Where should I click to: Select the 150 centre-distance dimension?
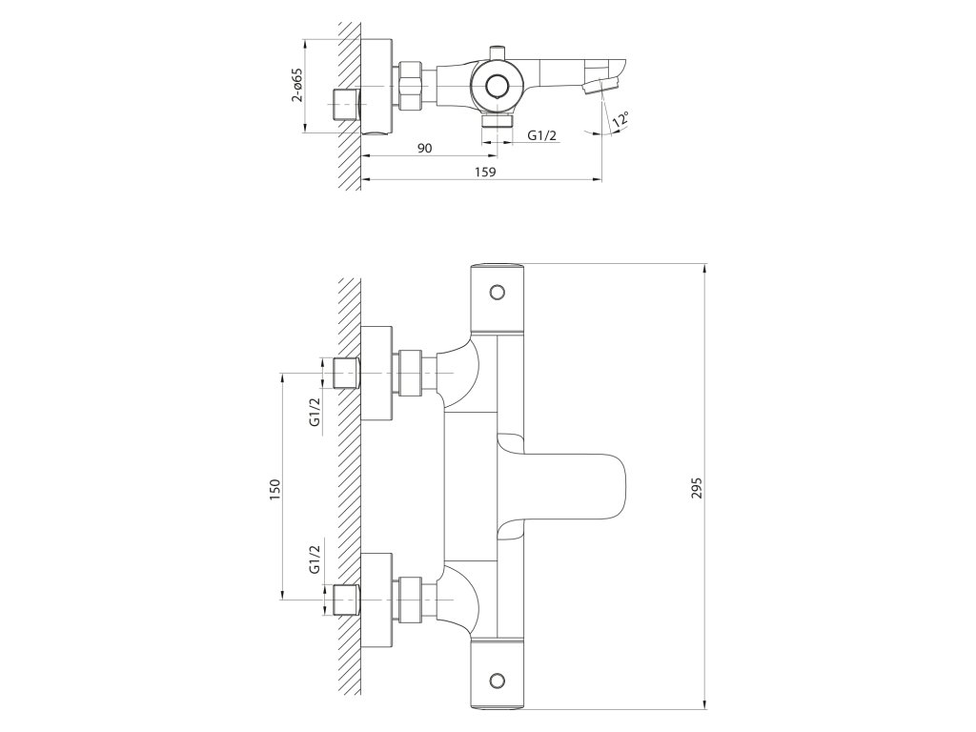tap(274, 487)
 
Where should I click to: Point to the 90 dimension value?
tap(425, 147)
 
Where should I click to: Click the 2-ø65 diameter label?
tap(297, 85)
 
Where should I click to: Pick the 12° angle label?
tap(621, 120)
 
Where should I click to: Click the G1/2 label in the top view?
tap(541, 136)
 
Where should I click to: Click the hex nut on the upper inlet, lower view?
tap(412, 373)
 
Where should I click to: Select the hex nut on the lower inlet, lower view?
tap(412, 598)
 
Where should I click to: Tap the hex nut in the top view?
tap(412, 87)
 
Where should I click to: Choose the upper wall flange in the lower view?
tap(377, 373)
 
